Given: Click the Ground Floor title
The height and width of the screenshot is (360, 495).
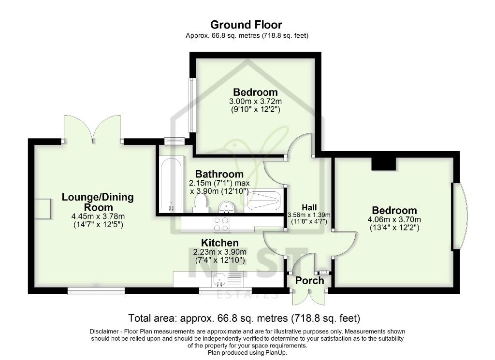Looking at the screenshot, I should point(247,25).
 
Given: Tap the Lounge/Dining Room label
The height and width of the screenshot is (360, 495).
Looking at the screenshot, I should point(98,202).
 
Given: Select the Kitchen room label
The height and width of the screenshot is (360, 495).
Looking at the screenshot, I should point(220,243).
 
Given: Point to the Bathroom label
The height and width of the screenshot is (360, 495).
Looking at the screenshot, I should point(219,174).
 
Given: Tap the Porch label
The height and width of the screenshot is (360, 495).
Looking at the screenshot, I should point(309,281).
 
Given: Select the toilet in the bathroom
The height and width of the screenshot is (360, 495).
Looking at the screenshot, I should point(201,205).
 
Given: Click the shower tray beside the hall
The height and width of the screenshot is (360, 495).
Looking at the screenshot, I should point(264,200).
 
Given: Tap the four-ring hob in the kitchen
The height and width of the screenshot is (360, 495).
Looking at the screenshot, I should point(222,224).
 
